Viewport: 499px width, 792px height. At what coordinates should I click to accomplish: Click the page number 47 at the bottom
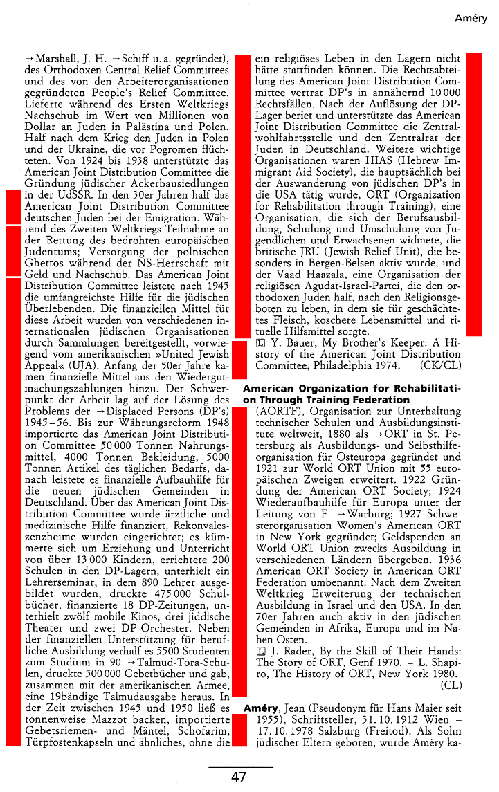239,777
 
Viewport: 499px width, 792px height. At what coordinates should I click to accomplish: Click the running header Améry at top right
471,19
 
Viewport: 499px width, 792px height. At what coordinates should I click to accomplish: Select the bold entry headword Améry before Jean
261,709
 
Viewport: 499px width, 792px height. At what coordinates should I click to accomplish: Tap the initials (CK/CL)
440,365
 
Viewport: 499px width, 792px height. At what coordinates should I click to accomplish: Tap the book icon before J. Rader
260,650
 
